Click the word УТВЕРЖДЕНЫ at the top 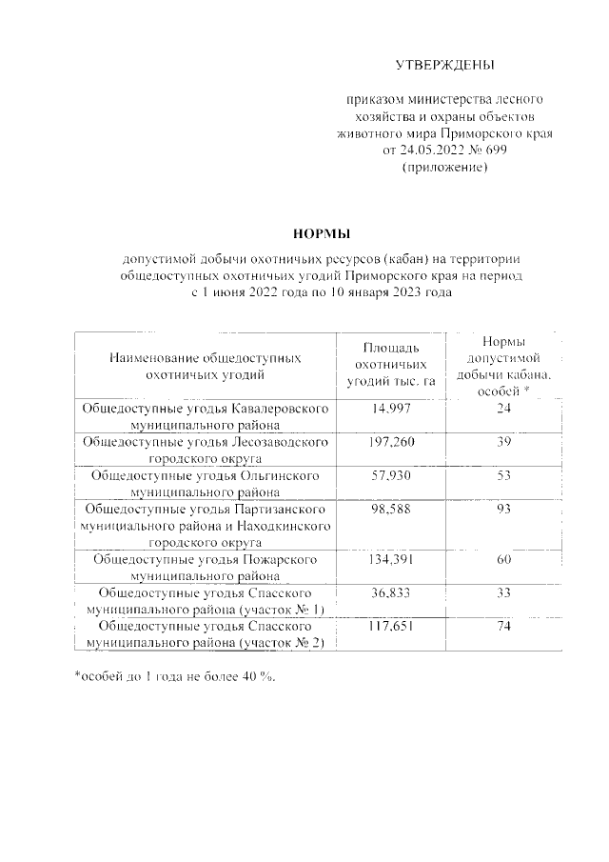pos(445,65)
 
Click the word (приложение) pos(445,168)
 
